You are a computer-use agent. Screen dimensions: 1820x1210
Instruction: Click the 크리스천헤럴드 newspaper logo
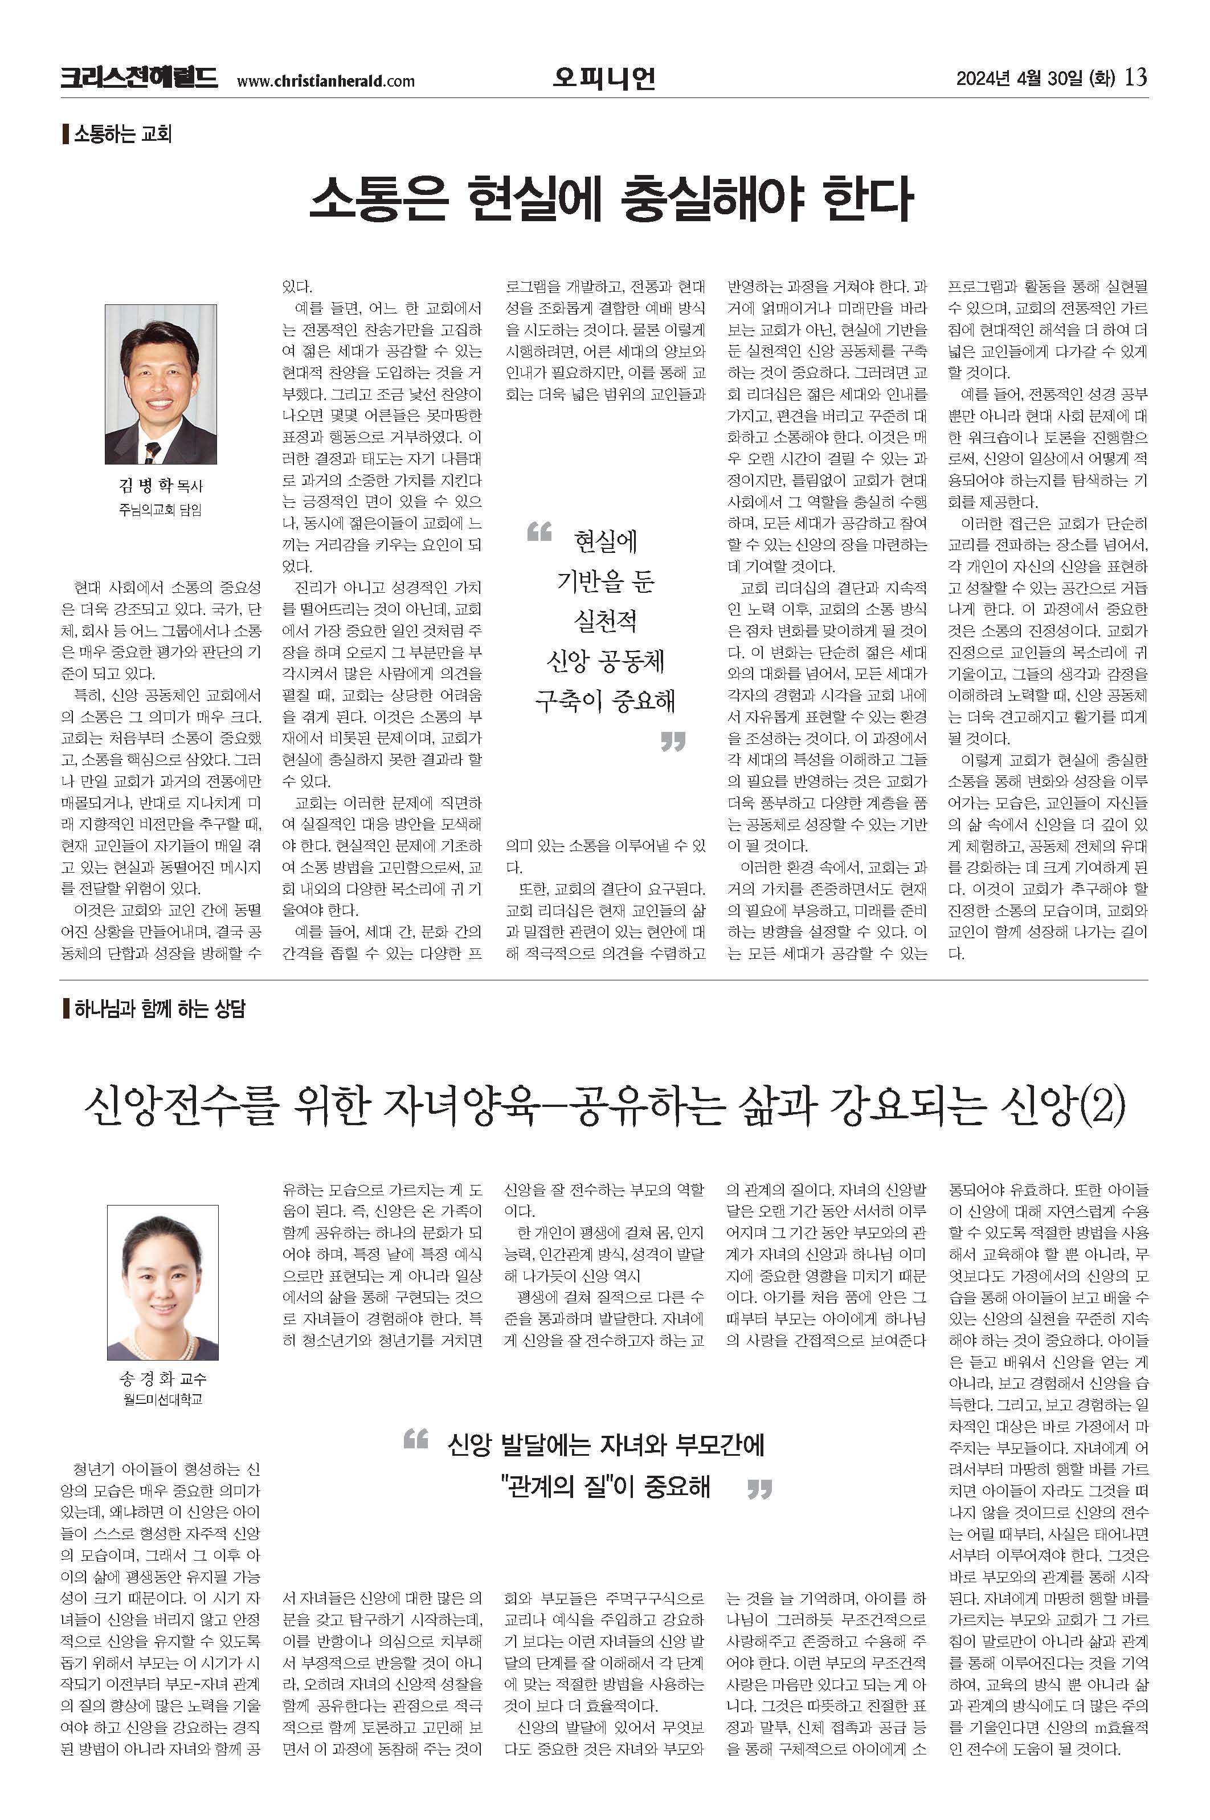pos(139,78)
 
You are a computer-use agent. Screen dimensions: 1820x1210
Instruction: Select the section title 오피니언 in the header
pos(604,78)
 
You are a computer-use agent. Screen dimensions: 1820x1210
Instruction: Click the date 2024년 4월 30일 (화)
pos(1035,79)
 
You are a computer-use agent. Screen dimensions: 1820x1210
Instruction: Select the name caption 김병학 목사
pos(161,486)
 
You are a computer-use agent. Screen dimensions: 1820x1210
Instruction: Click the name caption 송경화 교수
pos(163,1379)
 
